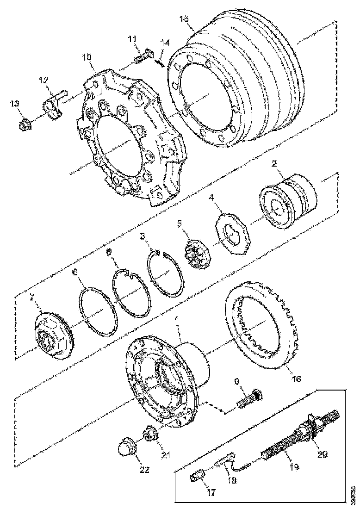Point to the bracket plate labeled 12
pyautogui.click(x=53, y=107)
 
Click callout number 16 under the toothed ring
pyautogui.click(x=296, y=379)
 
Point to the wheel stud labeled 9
pyautogui.click(x=248, y=399)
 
